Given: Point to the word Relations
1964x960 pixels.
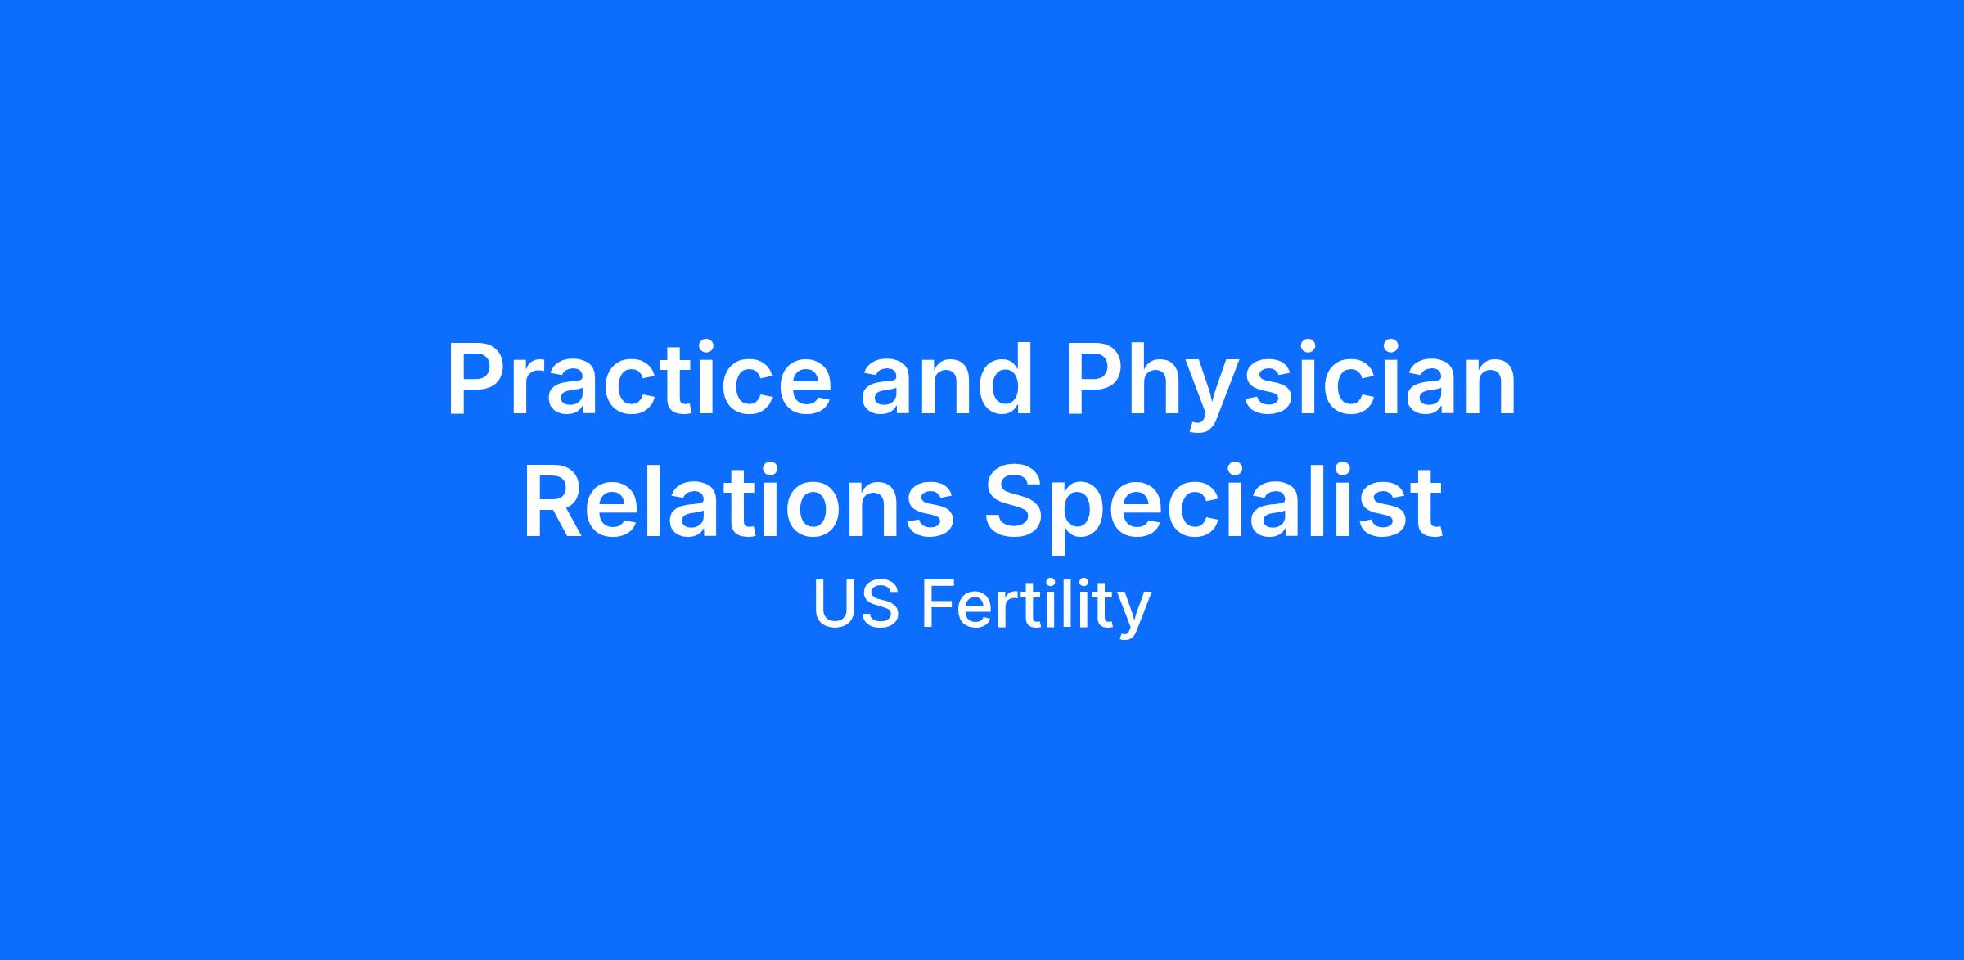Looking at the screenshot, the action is click(738, 500).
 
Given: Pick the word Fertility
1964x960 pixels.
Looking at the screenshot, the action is click(1036, 607).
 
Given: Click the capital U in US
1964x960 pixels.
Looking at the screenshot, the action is click(835, 605).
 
